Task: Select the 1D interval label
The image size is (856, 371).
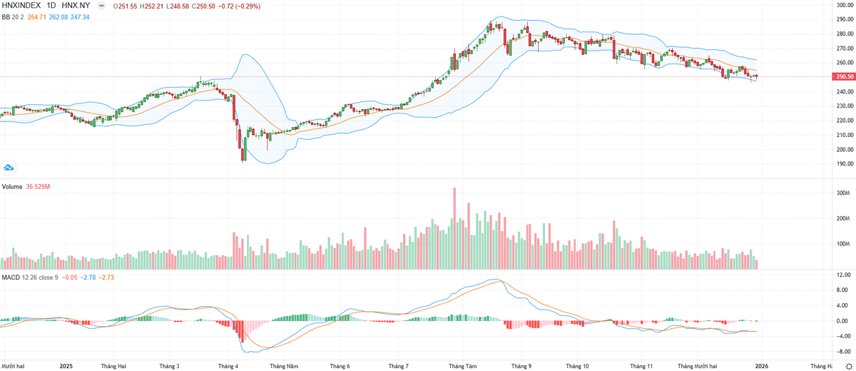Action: click(61, 5)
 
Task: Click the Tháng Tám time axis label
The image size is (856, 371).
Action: click(462, 365)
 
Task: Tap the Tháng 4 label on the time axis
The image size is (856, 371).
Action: click(228, 365)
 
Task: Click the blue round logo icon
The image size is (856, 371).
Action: click(9, 168)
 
